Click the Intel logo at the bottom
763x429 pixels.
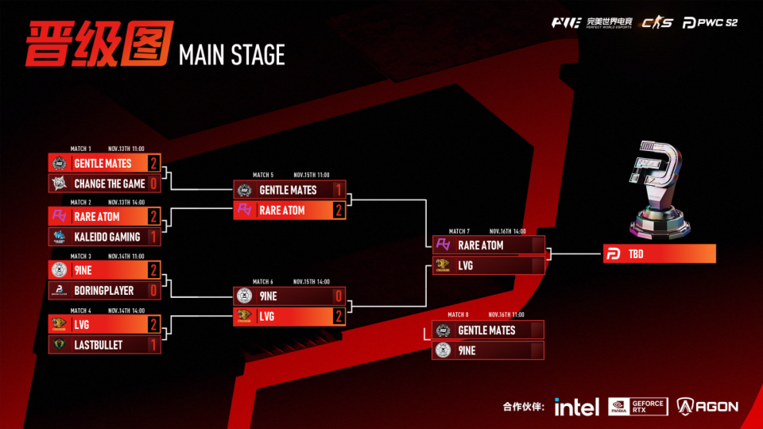pyautogui.click(x=577, y=407)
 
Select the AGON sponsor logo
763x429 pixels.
pyautogui.click(x=707, y=407)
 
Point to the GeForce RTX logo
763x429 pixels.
pyautogui.click(x=638, y=407)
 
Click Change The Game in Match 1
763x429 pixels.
pyautogui.click(x=110, y=184)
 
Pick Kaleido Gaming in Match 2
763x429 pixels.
pyautogui.click(x=107, y=237)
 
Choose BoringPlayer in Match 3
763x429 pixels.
pyautogui.click(x=104, y=291)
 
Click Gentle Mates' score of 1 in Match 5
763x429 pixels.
pyautogui.click(x=338, y=190)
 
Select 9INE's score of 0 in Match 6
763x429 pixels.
pyautogui.click(x=338, y=296)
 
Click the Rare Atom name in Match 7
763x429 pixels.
pyautogui.click(x=481, y=245)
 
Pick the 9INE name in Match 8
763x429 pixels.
pyautogui.click(x=467, y=350)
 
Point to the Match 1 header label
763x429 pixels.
pyautogui.click(x=81, y=149)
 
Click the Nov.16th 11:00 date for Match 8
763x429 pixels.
pyautogui.click(x=507, y=315)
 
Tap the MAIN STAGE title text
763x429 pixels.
pyautogui.click(x=232, y=55)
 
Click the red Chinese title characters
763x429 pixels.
pyautogui.click(x=97, y=44)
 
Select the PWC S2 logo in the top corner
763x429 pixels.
pyautogui.click(x=711, y=22)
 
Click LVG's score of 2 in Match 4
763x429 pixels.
pyautogui.click(x=153, y=324)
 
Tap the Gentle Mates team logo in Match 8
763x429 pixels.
pyautogui.click(x=443, y=330)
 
